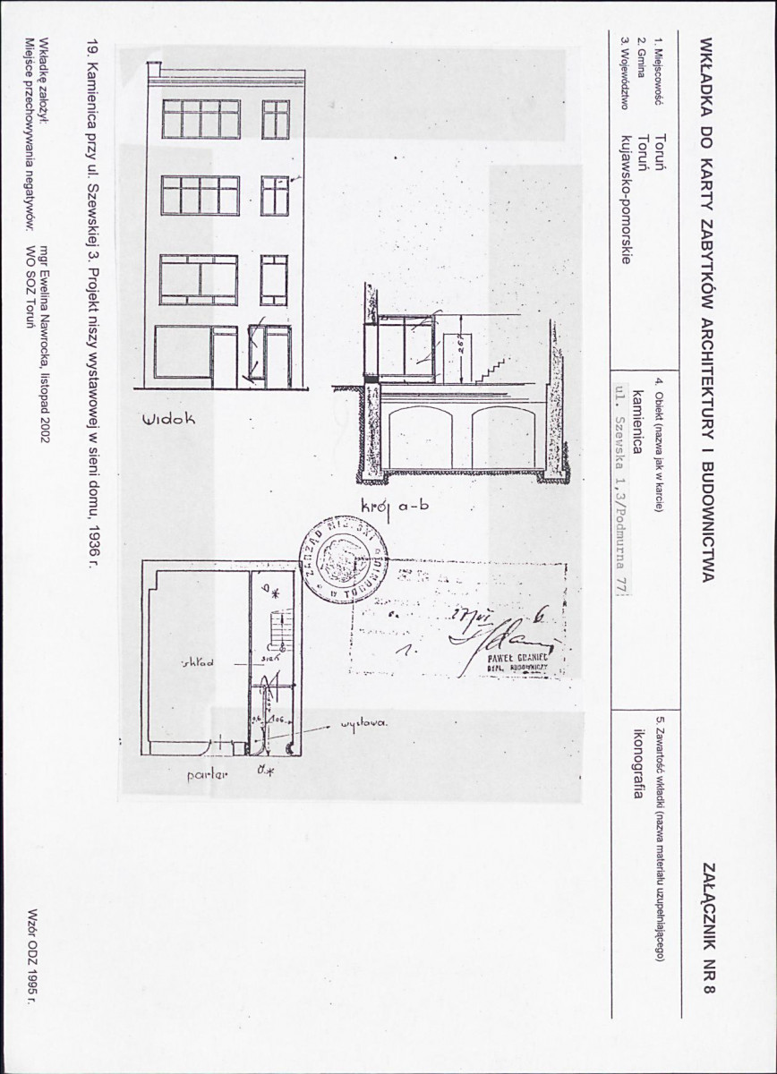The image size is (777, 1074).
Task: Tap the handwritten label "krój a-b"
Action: pos(395,506)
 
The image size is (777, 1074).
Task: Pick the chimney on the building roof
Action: pos(154,69)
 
